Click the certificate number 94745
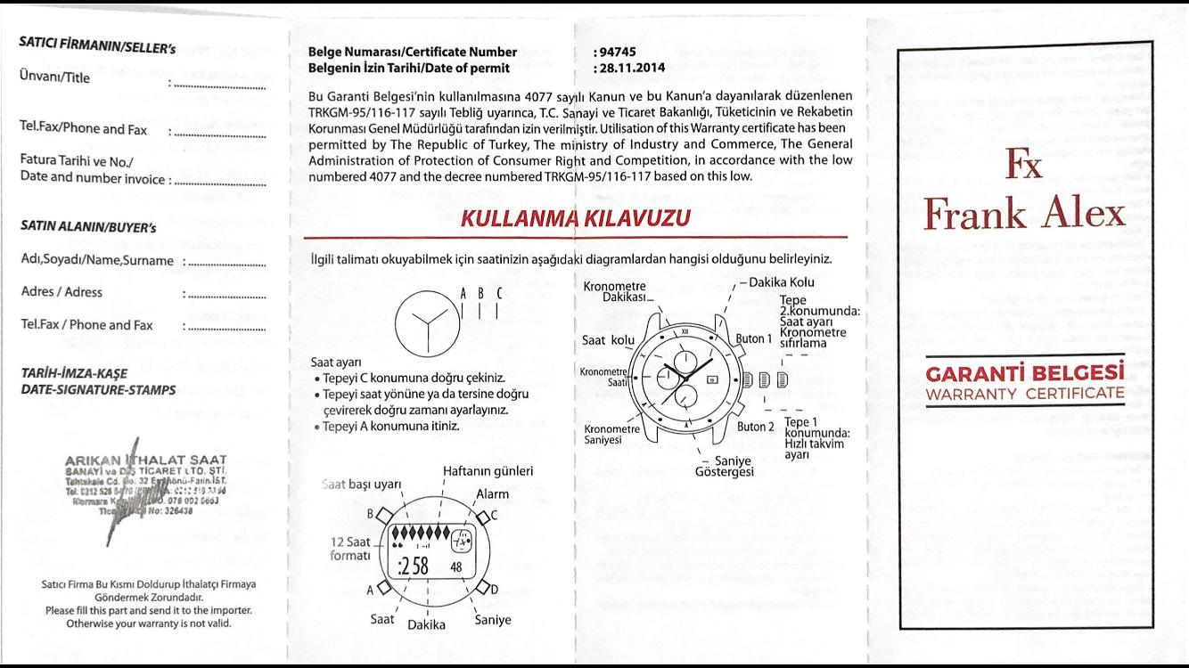click(619, 53)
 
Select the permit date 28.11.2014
click(629, 68)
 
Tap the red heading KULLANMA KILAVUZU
click(575, 218)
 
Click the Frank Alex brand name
click(1024, 214)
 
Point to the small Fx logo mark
click(1023, 164)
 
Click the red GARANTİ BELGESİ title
click(1024, 373)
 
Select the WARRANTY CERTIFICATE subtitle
click(1024, 394)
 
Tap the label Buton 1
click(754, 338)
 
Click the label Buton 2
click(756, 427)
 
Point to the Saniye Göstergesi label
click(724, 465)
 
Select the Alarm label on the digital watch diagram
click(492, 493)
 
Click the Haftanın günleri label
click(488, 471)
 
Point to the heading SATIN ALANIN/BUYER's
click(88, 227)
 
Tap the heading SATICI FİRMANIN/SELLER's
click(97, 45)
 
